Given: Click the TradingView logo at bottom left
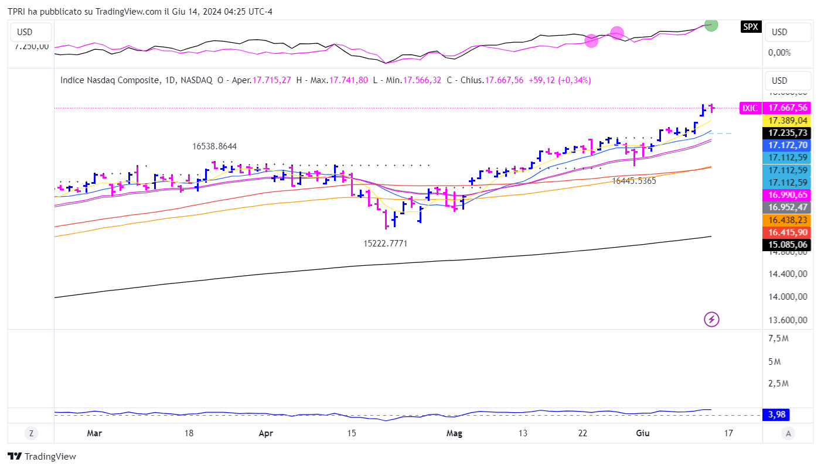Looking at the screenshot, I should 42,456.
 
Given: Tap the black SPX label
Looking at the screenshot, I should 750,26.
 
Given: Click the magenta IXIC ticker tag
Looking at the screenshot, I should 750,108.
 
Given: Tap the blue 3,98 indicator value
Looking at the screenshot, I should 776,415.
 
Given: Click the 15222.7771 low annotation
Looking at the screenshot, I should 386,243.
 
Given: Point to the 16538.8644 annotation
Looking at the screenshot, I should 214,146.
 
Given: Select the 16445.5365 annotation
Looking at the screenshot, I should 634,181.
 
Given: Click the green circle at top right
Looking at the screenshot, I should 711,25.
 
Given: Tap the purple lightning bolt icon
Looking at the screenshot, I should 711,319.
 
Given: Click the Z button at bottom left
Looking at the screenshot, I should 30,433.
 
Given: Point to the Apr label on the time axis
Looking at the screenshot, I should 265,433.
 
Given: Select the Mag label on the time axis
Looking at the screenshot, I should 454,433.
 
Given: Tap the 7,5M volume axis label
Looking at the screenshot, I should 778,338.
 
